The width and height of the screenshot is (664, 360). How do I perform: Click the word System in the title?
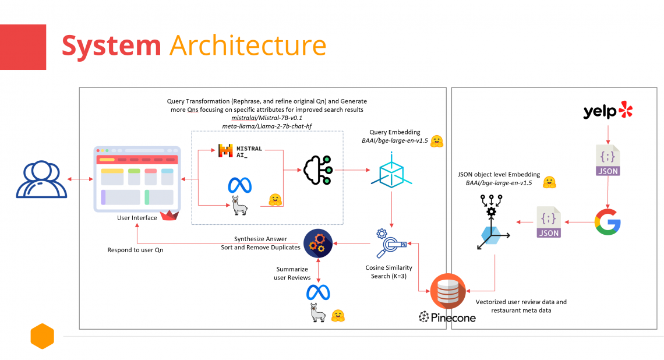[x=111, y=45]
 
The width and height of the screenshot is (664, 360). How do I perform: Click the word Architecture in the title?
[x=248, y=45]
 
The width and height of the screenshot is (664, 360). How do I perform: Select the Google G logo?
[x=608, y=222]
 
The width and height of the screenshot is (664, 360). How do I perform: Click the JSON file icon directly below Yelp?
[x=608, y=160]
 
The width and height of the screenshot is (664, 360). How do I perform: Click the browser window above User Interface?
[x=137, y=179]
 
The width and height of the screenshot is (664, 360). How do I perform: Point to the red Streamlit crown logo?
[x=169, y=216]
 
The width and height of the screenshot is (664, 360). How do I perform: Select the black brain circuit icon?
[x=317, y=170]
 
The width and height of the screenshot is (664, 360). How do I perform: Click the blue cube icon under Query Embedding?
[x=391, y=170]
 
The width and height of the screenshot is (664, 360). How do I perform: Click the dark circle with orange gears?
[x=318, y=243]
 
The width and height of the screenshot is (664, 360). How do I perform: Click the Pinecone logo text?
[x=447, y=317]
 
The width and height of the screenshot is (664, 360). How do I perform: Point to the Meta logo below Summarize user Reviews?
[x=318, y=292]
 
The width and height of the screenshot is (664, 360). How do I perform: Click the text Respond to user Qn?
[x=135, y=250]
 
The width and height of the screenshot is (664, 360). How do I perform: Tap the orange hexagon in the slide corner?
[x=43, y=336]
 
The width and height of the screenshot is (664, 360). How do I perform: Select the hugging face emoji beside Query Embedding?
[x=437, y=142]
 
